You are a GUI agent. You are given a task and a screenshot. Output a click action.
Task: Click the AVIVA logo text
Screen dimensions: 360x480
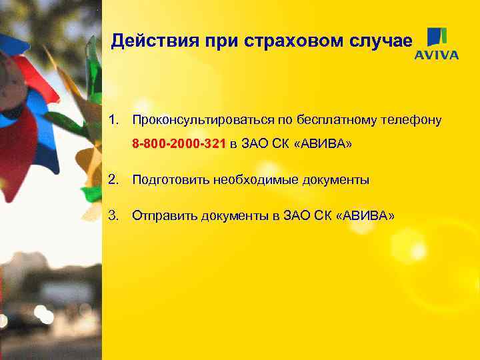coord(437,55)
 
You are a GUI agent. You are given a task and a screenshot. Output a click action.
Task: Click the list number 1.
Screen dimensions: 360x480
coord(115,120)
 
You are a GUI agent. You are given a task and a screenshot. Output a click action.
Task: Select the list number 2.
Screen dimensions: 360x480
coord(115,179)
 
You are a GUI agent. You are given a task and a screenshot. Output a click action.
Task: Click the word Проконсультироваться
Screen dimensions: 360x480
coord(196,120)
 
